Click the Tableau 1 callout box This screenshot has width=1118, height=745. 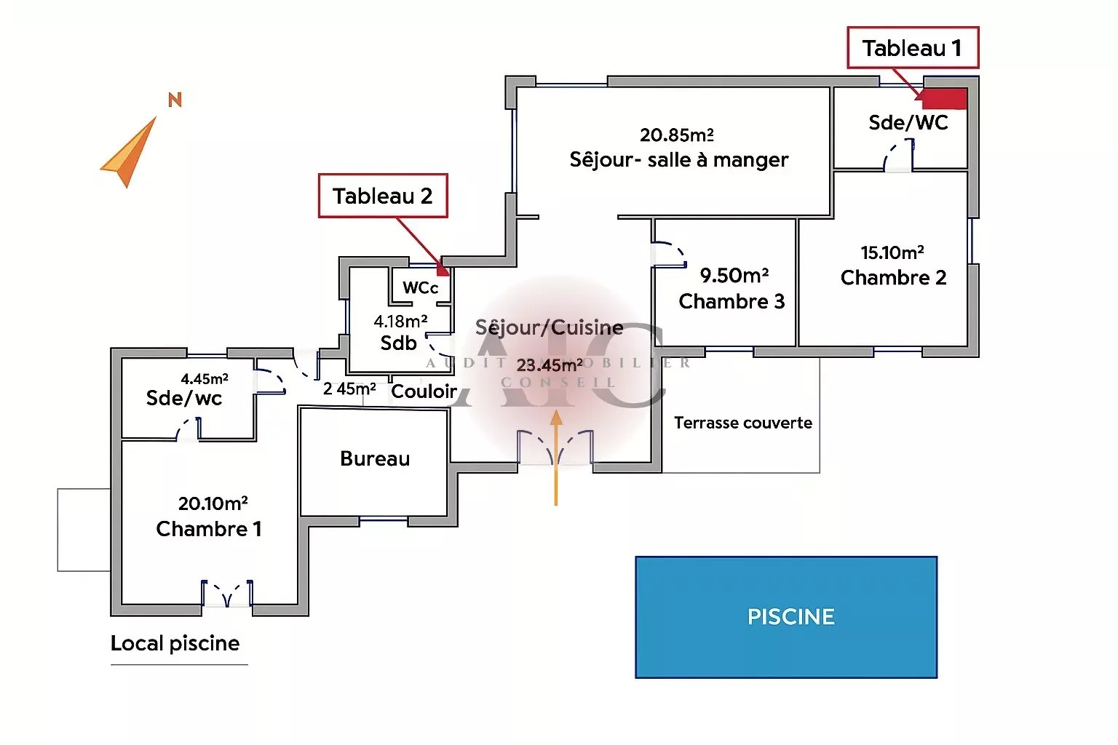[x=913, y=48]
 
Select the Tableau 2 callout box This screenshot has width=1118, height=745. [x=383, y=196]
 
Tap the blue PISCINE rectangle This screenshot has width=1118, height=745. [x=786, y=617]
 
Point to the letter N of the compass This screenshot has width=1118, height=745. [x=175, y=100]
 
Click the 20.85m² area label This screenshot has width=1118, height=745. [x=677, y=135]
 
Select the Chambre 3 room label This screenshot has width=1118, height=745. [x=732, y=301]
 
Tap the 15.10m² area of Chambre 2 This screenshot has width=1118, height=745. [x=892, y=252]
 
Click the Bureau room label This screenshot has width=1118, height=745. [x=375, y=458]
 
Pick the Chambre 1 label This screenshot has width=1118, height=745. [x=209, y=529]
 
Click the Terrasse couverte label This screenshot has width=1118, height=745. [x=743, y=423]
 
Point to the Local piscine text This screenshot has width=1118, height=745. [x=175, y=643]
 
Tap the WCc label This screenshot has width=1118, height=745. [x=421, y=287]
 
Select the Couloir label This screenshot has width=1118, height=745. [x=424, y=391]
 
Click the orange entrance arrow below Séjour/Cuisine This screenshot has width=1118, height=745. [x=556, y=458]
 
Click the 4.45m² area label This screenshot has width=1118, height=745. [x=205, y=378]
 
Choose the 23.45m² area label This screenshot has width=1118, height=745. [x=550, y=364]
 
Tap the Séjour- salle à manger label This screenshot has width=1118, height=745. [x=679, y=160]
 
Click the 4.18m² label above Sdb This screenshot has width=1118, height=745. [x=400, y=321]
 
